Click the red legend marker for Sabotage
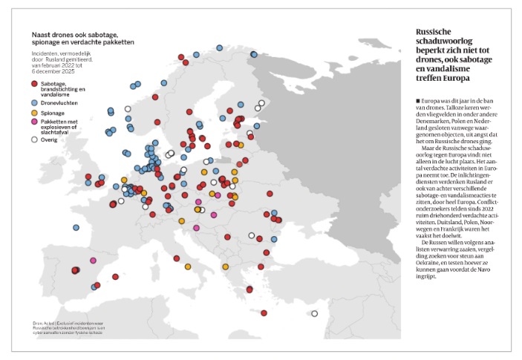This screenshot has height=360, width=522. (35, 85)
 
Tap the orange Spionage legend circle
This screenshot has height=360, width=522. (35, 111)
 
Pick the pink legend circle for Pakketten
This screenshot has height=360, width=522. (35, 122)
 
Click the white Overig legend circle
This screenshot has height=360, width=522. (35, 139)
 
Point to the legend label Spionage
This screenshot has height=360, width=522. (53, 111)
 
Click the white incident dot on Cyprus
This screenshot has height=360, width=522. (314, 313)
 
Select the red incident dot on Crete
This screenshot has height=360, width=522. (264, 312)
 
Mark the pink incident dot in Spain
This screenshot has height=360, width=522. (93, 261)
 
